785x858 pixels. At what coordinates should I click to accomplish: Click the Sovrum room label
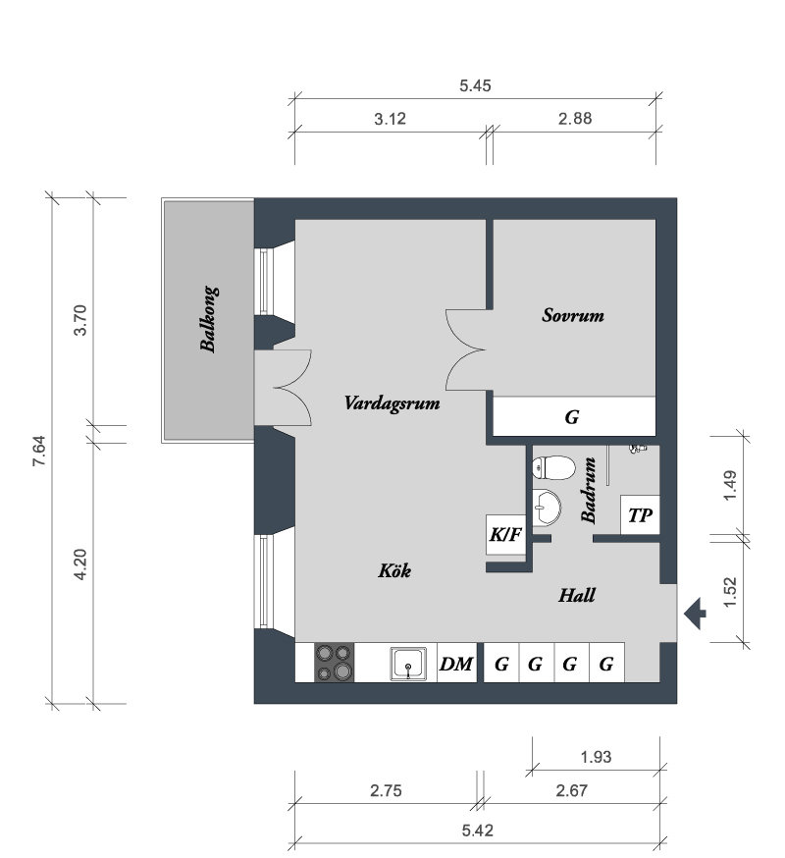573,315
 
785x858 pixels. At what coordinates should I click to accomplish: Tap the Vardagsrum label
392,403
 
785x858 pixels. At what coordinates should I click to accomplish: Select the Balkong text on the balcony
209,319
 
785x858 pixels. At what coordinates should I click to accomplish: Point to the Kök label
393,570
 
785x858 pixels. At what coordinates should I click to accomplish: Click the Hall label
577,595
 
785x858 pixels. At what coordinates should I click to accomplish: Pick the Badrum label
589,490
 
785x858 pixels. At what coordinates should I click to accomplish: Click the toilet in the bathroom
553,468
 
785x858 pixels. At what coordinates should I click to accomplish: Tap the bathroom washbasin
547,508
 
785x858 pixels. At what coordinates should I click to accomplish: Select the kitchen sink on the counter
408,664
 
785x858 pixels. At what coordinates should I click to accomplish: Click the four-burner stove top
334,663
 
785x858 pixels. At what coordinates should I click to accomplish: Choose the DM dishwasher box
457,664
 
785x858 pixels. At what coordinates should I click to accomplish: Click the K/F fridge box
505,535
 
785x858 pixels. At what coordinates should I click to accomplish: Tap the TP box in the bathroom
640,515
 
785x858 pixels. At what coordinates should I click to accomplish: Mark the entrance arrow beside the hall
695,614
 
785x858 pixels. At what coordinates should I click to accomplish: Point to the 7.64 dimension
39,451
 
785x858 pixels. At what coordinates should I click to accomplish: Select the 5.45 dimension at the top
475,86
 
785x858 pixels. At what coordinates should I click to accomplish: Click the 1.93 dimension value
596,757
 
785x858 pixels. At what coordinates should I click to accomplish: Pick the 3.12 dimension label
390,119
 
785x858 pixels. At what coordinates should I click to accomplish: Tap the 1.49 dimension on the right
730,485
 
